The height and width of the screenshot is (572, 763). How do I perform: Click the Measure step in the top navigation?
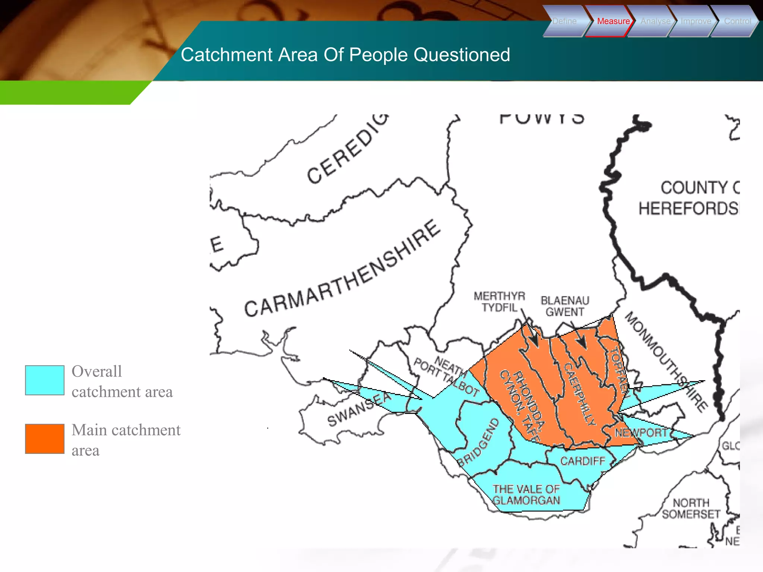[x=613, y=21]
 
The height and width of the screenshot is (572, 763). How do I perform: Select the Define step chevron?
[x=564, y=21]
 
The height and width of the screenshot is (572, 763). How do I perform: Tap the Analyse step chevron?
[x=655, y=21]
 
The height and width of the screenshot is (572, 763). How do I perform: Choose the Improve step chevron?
[x=696, y=21]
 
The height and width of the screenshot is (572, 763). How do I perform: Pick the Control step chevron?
[x=737, y=21]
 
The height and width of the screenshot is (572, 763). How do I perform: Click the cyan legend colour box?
[x=45, y=380]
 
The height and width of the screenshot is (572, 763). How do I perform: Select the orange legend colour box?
[x=45, y=439]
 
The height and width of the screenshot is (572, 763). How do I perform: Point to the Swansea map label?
[x=360, y=409]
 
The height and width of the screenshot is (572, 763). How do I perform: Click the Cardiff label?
[x=583, y=461]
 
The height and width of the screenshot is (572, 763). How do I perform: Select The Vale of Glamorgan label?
[x=526, y=495]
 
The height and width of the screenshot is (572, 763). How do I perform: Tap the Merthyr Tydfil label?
[x=499, y=302]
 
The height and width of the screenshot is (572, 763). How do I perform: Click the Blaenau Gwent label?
[x=565, y=306]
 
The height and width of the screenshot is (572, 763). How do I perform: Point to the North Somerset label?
[x=691, y=508]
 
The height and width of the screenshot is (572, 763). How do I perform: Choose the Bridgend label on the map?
[x=478, y=442]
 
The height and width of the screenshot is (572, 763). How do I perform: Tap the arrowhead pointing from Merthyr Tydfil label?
[x=534, y=341]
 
